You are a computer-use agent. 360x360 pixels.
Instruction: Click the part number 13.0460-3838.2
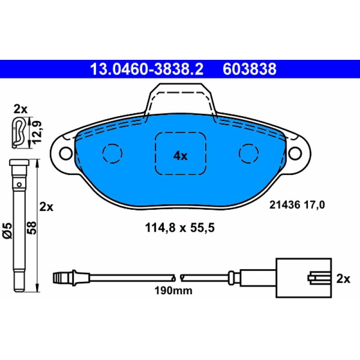147,69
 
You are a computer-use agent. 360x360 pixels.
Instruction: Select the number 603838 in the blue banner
249,69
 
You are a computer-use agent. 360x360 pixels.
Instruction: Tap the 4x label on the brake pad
180,156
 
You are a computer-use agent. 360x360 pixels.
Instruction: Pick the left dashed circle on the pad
112,153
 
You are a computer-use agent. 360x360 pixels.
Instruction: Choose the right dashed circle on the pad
248,153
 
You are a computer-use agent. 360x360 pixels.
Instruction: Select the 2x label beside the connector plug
343,279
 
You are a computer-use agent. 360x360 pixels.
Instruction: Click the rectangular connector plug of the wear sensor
304,277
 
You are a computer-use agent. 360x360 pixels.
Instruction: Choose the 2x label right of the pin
46,207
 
